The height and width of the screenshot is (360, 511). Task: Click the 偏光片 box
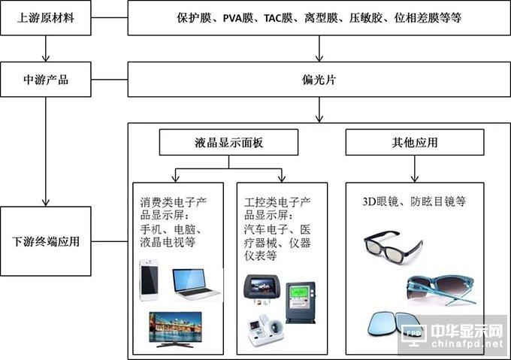tap(319, 79)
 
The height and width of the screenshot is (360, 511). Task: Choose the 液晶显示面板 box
tap(229, 141)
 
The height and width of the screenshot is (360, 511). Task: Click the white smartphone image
tap(151, 281)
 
